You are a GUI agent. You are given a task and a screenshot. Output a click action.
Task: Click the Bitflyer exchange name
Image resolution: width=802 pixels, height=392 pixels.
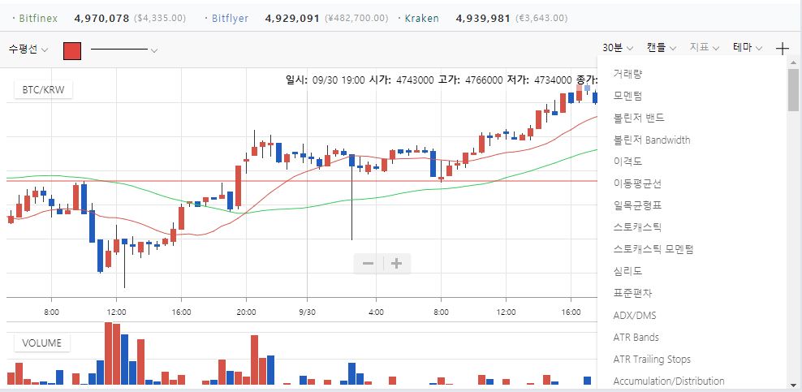230,18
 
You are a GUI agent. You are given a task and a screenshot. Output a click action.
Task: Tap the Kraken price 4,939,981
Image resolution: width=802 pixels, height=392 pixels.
483,18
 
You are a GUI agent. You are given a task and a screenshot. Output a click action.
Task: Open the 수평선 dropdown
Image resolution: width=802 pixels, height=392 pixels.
28,49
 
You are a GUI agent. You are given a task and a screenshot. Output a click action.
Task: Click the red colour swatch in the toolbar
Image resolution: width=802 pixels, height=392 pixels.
72,50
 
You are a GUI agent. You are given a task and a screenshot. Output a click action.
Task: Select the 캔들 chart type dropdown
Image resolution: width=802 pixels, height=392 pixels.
662,48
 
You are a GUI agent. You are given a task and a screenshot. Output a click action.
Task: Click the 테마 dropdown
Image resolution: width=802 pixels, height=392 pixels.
747,48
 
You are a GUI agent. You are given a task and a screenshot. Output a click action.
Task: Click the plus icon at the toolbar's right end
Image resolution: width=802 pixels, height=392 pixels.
782,48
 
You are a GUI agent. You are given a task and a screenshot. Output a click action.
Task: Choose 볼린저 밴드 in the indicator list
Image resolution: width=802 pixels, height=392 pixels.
639,118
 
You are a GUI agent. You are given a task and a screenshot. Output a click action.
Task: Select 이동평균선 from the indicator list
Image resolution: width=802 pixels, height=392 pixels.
637,183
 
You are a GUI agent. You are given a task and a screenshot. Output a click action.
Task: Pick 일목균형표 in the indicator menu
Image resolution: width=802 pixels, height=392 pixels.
637,205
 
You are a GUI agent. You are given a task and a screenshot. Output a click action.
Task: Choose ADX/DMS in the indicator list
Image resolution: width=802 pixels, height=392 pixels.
635,315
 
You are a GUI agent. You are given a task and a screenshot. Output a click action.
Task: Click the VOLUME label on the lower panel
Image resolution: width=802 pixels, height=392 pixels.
41,342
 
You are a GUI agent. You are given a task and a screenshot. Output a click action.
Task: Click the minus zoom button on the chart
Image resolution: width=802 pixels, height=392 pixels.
368,263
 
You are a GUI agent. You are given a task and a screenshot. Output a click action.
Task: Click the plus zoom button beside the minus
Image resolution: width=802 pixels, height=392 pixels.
397,263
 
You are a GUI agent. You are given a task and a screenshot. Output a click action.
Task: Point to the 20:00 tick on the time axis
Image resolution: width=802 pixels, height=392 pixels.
246,311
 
